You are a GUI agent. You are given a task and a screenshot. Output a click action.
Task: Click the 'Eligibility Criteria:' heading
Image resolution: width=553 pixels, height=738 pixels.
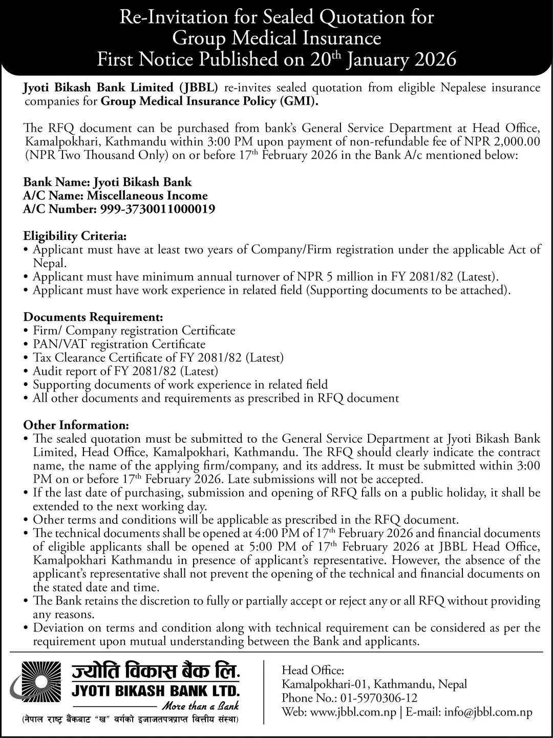click(75, 236)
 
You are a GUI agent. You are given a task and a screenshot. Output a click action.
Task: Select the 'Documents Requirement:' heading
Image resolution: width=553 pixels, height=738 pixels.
click(93, 317)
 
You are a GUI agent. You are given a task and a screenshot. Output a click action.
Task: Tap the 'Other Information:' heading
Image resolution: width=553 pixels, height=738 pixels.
click(76, 425)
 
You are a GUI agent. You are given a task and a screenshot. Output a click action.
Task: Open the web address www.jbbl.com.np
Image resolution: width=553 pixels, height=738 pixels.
click(354, 712)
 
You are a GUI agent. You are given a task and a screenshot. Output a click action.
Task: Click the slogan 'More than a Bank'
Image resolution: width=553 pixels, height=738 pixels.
click(200, 706)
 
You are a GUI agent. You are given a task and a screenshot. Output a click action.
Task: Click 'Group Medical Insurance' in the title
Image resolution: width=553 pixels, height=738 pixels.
click(276, 38)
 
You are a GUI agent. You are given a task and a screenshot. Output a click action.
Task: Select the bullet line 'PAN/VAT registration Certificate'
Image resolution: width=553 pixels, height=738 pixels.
click(119, 344)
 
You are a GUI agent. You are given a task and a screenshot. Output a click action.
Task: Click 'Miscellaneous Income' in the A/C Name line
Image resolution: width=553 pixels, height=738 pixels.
click(147, 196)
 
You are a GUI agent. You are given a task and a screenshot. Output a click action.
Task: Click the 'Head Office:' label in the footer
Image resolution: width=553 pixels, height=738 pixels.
click(313, 670)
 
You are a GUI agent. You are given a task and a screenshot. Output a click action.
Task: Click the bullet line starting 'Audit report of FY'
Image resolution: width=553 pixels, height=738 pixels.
click(125, 371)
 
